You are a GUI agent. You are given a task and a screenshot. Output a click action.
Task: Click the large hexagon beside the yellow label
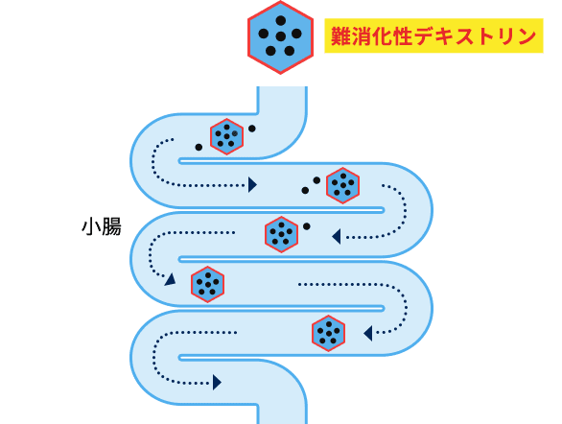[280, 36]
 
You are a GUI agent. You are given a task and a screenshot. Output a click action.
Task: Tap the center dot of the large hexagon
[280, 36]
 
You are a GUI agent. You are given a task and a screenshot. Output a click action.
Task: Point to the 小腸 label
[101, 226]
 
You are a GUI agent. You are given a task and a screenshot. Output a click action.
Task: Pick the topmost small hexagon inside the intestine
[226, 136]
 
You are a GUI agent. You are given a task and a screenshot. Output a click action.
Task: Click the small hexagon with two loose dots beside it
[342, 185]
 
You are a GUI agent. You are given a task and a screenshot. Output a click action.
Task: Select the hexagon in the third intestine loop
[281, 234]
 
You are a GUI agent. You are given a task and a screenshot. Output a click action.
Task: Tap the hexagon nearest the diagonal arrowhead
[207, 284]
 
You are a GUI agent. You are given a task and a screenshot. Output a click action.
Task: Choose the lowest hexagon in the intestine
[328, 333]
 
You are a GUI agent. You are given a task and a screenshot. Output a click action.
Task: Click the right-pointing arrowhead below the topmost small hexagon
[252, 184]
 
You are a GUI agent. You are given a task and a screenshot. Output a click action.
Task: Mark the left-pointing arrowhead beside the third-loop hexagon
[337, 236]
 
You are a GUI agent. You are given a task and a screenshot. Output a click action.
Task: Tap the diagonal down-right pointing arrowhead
[171, 279]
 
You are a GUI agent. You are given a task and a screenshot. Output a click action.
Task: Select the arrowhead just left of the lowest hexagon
[368, 333]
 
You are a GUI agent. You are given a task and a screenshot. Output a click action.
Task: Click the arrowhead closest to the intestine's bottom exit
[217, 382]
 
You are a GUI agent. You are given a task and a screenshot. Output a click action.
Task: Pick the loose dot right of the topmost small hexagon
[252, 129]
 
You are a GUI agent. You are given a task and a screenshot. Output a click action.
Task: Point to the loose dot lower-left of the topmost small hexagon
[199, 147]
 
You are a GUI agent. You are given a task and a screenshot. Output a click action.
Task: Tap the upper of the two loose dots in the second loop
[316, 180]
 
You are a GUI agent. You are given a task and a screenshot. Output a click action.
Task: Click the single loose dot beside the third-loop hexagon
[307, 226]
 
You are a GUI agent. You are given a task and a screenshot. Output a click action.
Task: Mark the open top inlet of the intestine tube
[282, 90]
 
